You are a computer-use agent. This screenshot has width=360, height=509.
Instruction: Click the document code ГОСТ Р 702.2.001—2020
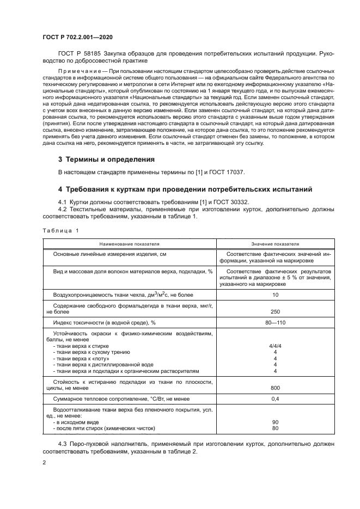[x=78, y=38]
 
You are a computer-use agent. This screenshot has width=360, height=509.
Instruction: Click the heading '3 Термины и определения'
[x=106, y=160]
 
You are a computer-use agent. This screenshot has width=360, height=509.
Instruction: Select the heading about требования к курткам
[x=185, y=189]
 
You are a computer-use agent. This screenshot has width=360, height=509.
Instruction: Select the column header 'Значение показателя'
[x=275, y=244]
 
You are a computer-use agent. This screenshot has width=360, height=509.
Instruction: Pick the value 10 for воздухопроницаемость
[x=275, y=295]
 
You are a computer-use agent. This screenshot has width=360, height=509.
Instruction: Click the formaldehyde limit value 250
[x=275, y=311]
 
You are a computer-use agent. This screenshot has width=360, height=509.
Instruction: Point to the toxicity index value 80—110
[x=275, y=323]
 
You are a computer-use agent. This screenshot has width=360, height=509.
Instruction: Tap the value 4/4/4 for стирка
[x=275, y=346]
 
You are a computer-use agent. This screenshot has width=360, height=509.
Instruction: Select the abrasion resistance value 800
[x=275, y=388]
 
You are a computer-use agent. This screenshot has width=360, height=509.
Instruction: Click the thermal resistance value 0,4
[x=275, y=399]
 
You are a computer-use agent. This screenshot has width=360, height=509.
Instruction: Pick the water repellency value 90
[x=275, y=422]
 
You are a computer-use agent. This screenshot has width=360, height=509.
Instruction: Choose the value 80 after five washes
[x=275, y=428]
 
